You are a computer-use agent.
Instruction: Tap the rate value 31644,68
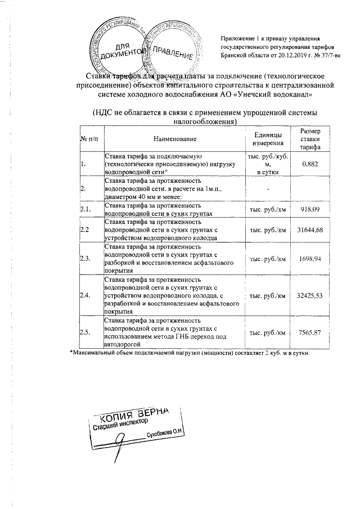coord(310,230)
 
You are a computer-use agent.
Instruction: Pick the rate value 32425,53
coord(310,295)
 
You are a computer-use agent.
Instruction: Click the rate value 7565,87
coord(310,332)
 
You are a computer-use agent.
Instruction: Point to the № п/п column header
coord(89,138)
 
